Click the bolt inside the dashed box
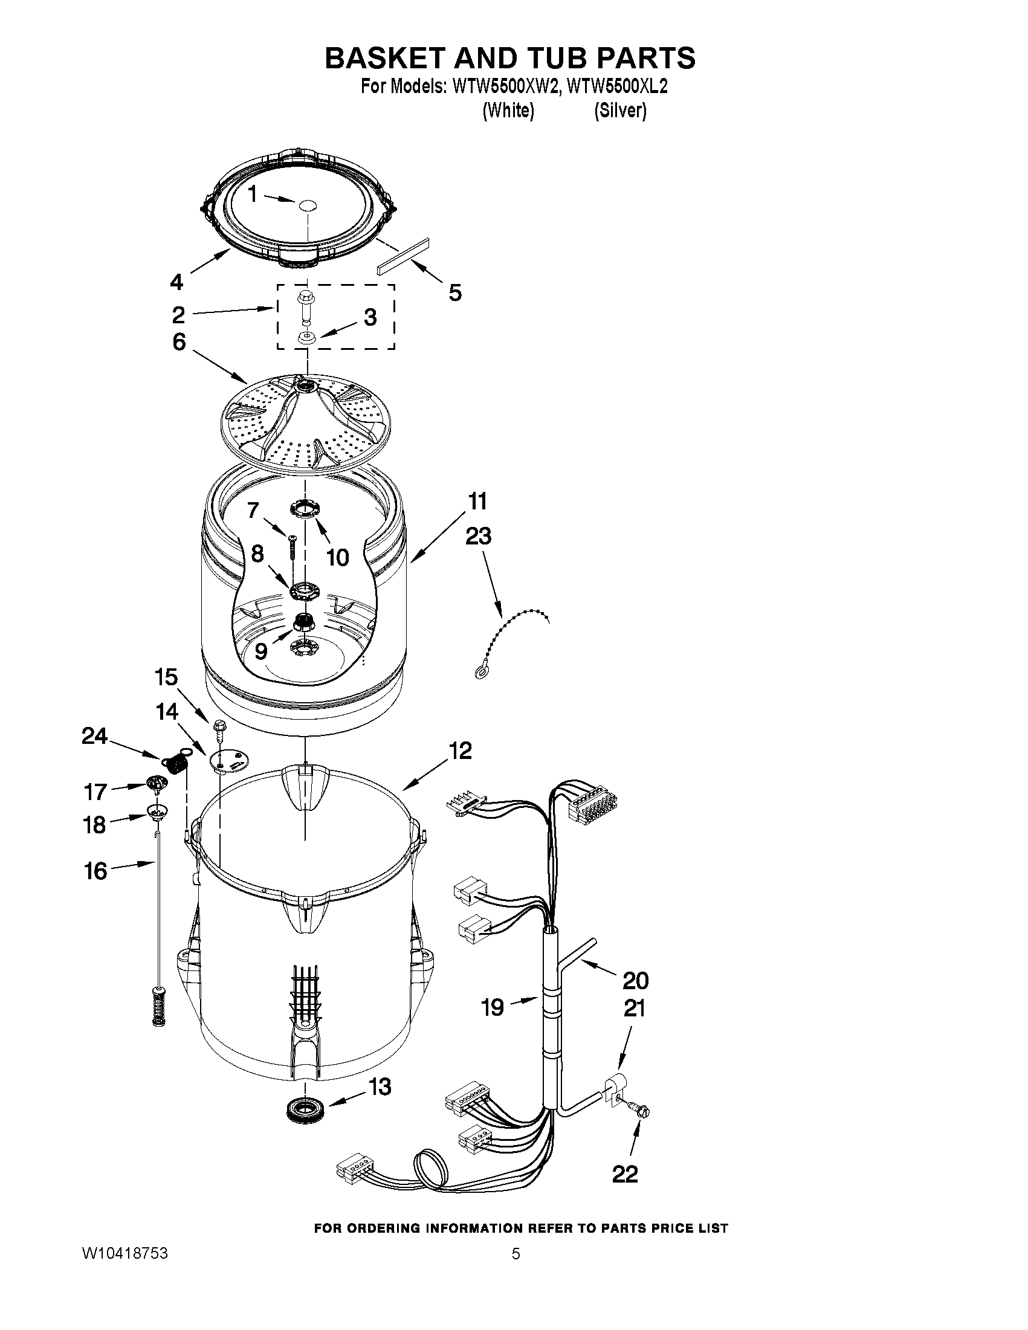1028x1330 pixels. tap(305, 308)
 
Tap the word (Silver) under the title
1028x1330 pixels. tap(620, 111)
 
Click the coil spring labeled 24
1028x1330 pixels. tap(175, 763)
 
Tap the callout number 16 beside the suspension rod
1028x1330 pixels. tap(95, 871)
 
